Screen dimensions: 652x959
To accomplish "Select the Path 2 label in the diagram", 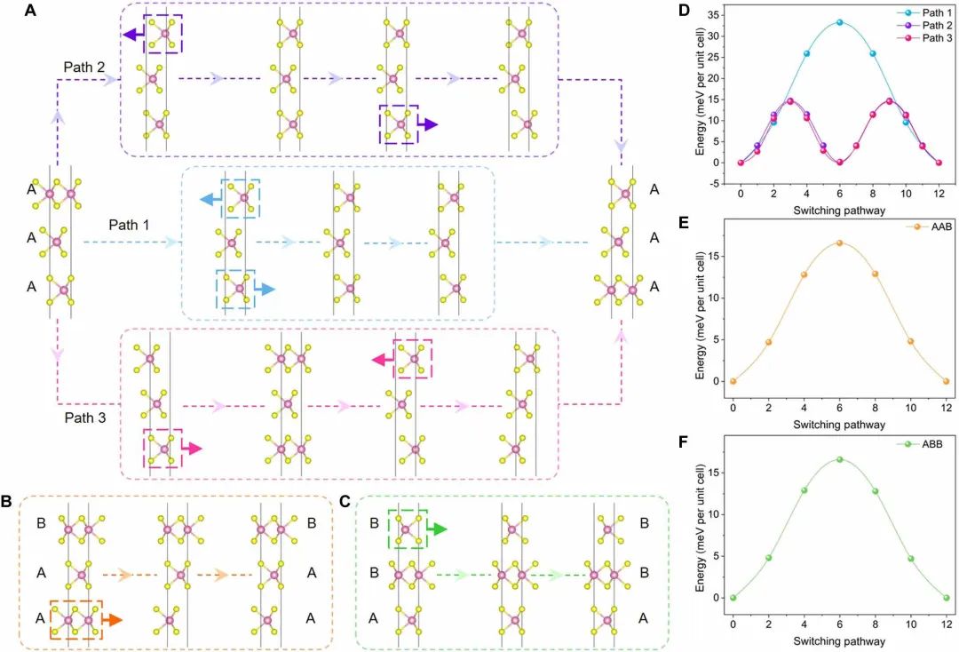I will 84,68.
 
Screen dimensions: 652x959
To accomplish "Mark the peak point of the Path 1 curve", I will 840,22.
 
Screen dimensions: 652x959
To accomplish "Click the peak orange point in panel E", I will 839,243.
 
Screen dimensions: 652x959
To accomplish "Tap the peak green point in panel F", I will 839,460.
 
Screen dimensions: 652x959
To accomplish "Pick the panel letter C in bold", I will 345,502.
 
